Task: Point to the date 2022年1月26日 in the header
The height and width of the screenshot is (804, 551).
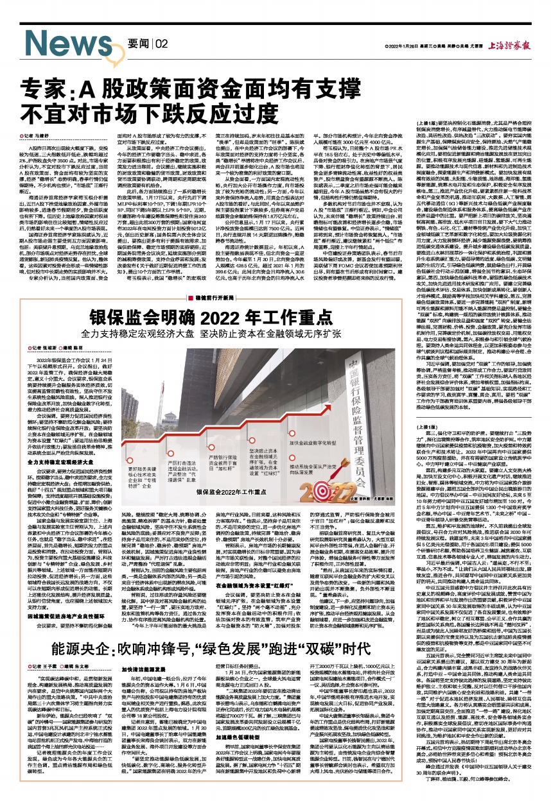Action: [404, 46]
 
